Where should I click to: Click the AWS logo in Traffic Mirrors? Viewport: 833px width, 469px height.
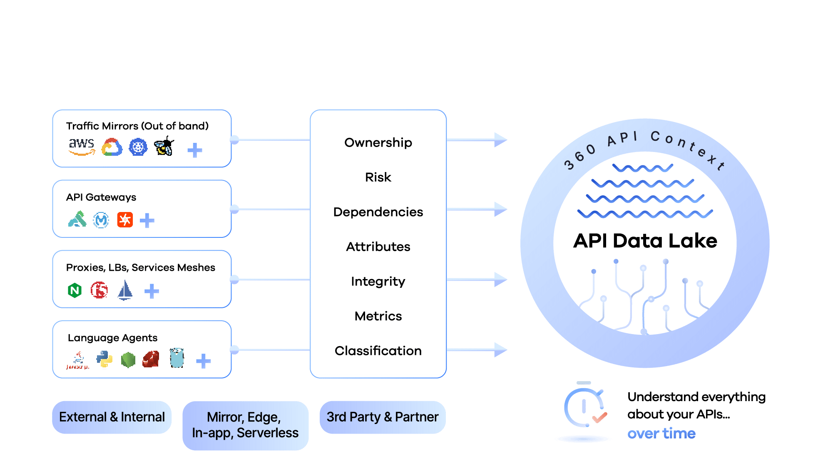coord(82,147)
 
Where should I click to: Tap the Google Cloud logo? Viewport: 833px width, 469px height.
coord(112,147)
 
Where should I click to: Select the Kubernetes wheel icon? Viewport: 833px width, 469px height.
coord(138,147)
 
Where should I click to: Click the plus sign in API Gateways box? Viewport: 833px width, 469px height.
coord(147,220)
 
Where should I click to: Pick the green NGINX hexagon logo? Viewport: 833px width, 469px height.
coord(75,290)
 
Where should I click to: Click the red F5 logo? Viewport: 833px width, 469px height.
coord(99,290)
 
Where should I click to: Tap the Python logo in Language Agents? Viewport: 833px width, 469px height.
coord(104,359)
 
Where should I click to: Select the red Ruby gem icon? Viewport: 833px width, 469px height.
coord(151,359)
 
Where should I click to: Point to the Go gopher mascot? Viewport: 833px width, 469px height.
coord(177,358)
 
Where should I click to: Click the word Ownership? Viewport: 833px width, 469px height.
coord(378,142)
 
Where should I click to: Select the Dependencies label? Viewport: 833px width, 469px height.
coord(378,212)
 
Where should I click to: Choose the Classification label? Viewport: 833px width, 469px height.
coord(378,351)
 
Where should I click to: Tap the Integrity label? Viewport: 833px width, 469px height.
coord(378,282)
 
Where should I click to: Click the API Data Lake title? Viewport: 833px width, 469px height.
coord(645,241)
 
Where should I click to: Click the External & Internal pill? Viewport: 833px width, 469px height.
coord(112,417)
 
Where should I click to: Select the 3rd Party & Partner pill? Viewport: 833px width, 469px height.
coord(383,417)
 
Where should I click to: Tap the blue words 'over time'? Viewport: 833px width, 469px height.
coord(661,434)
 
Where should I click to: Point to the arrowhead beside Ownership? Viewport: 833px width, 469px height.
coord(500,140)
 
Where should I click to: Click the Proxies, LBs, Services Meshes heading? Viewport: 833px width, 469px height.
coord(141,267)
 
